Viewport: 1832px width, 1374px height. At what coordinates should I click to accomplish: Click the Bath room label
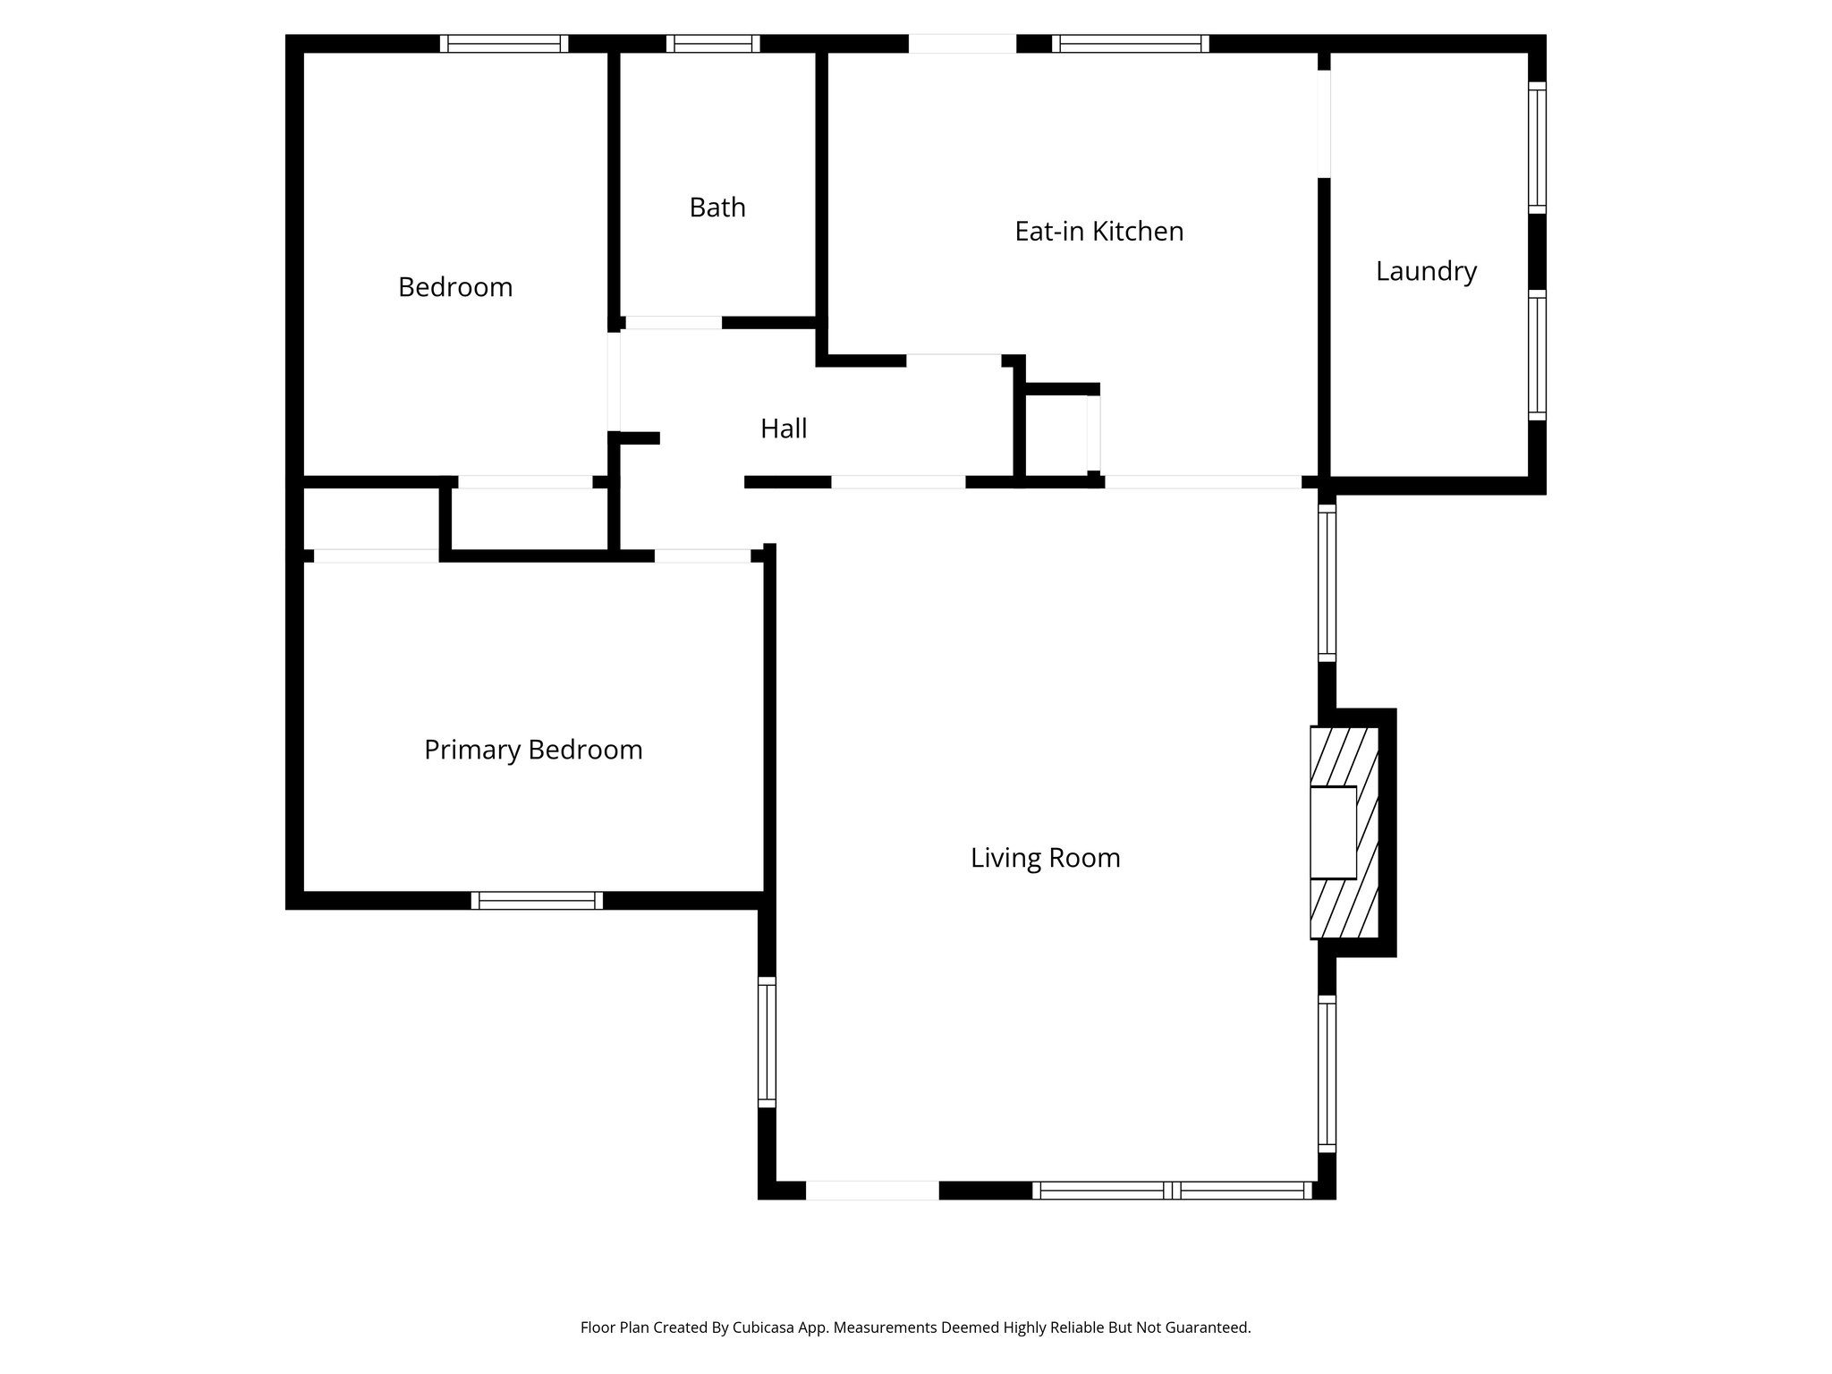click(x=717, y=208)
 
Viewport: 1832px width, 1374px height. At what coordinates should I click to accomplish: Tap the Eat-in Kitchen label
click(x=1098, y=232)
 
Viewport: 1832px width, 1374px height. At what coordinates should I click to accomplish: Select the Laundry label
click(x=1425, y=271)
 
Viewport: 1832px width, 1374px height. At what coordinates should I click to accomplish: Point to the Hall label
click(x=784, y=429)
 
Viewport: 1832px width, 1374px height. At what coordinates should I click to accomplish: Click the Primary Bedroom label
click(x=533, y=750)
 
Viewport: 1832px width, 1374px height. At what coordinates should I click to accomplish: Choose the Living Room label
click(x=1045, y=858)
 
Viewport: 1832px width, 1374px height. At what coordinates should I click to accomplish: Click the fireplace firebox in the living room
click(x=1333, y=832)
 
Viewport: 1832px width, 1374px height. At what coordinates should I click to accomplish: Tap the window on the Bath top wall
click(x=713, y=44)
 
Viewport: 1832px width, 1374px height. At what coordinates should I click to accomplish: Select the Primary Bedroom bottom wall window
click(x=537, y=901)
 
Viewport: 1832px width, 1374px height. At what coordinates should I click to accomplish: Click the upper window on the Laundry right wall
click(x=1537, y=148)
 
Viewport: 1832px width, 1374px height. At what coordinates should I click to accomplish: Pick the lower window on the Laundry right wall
click(x=1537, y=355)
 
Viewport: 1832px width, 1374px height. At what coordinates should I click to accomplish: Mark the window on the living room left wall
click(x=767, y=1042)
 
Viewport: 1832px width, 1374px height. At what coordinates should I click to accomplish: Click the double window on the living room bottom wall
click(x=1172, y=1191)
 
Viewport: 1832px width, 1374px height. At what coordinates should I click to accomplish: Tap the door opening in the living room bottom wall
click(x=872, y=1191)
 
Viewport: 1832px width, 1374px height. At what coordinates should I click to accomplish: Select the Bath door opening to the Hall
click(x=673, y=323)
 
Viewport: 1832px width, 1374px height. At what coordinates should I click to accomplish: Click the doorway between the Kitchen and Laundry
click(x=1324, y=123)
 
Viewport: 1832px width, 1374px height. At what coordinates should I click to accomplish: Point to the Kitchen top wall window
click(x=1131, y=44)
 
